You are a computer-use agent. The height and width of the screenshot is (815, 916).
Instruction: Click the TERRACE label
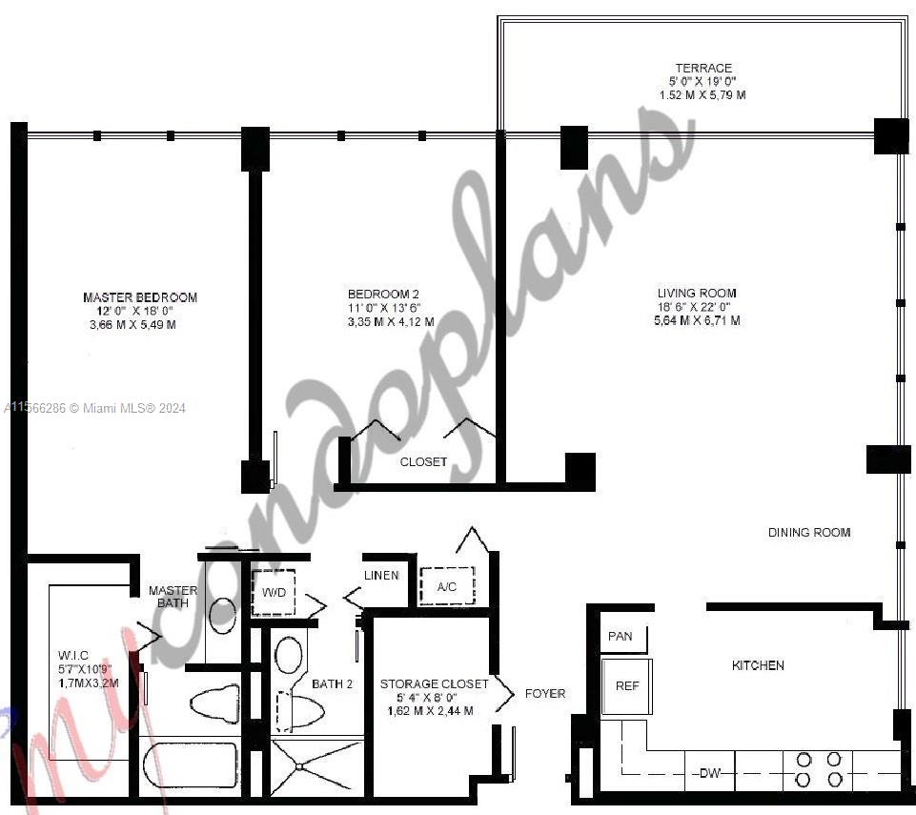coord(703,69)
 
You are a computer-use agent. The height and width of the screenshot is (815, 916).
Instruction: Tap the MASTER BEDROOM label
coord(140,298)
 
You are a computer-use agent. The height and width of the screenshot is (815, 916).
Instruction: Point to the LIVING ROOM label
coord(696,294)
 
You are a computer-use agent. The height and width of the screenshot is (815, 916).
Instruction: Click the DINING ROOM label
coord(809,533)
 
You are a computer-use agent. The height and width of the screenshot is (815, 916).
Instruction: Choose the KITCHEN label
coord(758,665)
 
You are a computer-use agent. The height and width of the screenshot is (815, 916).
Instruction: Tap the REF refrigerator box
coord(626,685)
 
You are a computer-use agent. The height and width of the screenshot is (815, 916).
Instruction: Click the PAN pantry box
coord(621,637)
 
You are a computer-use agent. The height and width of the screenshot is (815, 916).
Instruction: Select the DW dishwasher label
coord(709,773)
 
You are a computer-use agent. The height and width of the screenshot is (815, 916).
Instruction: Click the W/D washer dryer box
coord(274,593)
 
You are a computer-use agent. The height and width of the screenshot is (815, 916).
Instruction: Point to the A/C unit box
coord(446,587)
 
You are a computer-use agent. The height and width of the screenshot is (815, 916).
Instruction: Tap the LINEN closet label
coord(380,576)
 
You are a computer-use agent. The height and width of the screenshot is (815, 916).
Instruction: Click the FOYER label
coord(545,694)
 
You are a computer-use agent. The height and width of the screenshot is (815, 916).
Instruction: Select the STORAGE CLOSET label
coord(434,684)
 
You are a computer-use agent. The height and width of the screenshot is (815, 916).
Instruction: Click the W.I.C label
coord(73,656)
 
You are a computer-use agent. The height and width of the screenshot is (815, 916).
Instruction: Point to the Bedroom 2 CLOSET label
coord(423,461)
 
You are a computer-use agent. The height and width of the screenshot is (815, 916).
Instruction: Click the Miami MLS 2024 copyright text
coord(95,408)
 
